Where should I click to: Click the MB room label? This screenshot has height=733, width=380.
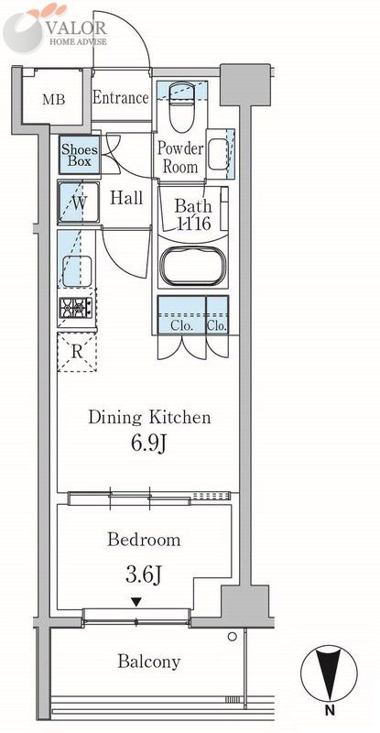tap(54, 100)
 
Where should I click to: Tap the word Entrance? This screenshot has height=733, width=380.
tap(121, 98)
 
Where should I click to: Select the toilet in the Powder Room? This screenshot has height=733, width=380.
tap(181, 106)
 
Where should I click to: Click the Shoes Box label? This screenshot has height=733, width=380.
tap(80, 156)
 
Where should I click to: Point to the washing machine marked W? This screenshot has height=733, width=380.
tap(79, 202)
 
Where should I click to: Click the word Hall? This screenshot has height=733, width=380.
tap(126, 198)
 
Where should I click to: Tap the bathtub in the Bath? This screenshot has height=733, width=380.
tap(193, 265)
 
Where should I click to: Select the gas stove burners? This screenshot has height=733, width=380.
tap(76, 309)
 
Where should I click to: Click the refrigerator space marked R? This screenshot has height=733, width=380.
tap(77, 352)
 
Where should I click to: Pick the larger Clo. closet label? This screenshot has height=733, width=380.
tap(182, 326)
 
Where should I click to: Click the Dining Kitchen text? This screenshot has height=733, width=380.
tap(149, 417)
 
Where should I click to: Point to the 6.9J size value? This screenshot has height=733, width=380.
tap(148, 443)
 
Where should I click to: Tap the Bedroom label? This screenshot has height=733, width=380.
tap(144, 540)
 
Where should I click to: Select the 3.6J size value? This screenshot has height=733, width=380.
tap(144, 575)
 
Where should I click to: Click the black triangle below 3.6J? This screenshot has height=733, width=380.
tap(136, 603)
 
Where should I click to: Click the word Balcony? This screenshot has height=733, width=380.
tap(148, 662)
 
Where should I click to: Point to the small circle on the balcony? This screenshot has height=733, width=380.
tap(232, 636)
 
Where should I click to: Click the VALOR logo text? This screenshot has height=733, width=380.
tap(76, 28)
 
